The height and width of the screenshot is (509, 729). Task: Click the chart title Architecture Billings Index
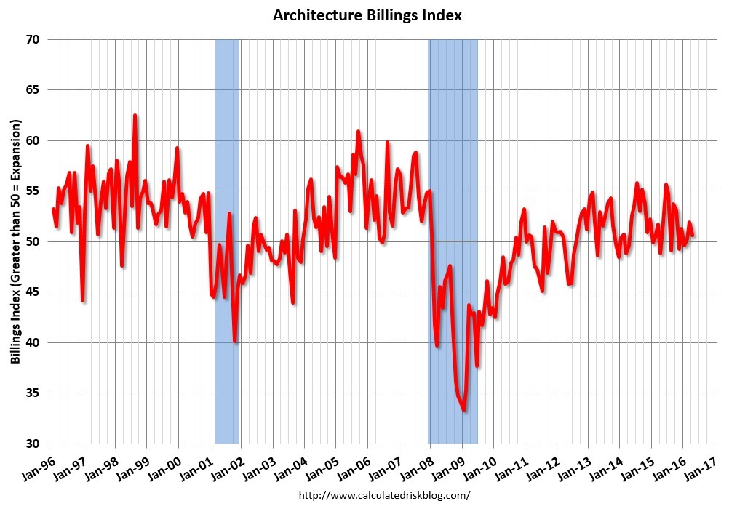click(x=367, y=15)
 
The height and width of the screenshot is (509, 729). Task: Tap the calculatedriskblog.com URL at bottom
click(x=385, y=495)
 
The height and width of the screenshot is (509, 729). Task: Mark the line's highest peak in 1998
click(x=135, y=116)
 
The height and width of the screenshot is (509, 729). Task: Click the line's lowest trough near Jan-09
click(x=464, y=411)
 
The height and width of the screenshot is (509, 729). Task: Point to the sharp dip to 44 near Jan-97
click(x=83, y=300)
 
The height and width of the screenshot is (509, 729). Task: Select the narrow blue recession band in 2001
click(x=227, y=240)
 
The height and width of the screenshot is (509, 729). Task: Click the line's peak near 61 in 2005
click(x=358, y=132)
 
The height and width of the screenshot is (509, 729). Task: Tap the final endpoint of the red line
click(x=693, y=235)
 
